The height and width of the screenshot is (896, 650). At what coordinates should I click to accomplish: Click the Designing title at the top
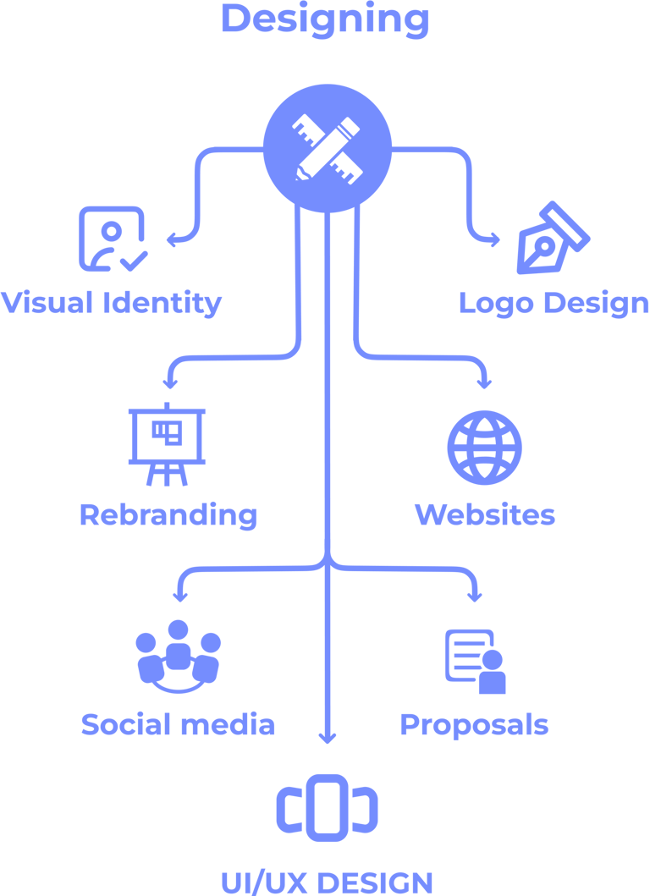[325, 19]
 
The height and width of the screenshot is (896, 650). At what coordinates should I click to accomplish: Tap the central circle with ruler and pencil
[328, 148]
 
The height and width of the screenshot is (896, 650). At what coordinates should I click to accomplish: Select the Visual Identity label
[112, 302]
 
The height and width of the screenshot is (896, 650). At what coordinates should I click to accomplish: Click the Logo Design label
[554, 302]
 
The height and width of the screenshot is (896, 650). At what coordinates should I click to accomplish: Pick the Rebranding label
[168, 514]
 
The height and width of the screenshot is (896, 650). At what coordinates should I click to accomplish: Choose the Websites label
[484, 514]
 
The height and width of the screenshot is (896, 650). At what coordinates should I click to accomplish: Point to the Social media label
[178, 724]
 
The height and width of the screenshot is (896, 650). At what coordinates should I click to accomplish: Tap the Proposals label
[474, 724]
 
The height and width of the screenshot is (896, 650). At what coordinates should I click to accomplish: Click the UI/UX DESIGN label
[327, 882]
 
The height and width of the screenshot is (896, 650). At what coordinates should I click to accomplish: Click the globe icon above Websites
[484, 448]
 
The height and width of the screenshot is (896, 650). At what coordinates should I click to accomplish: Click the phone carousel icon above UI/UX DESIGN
[327, 807]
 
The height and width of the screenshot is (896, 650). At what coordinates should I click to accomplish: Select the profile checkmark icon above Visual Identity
[112, 239]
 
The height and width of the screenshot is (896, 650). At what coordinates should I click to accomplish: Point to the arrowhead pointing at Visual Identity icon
[172, 240]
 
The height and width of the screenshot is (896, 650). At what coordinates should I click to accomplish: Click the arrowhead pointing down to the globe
[484, 382]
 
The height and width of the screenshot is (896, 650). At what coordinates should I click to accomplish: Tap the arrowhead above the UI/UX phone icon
[328, 738]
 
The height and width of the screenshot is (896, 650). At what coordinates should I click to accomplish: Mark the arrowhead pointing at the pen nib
[493, 240]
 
